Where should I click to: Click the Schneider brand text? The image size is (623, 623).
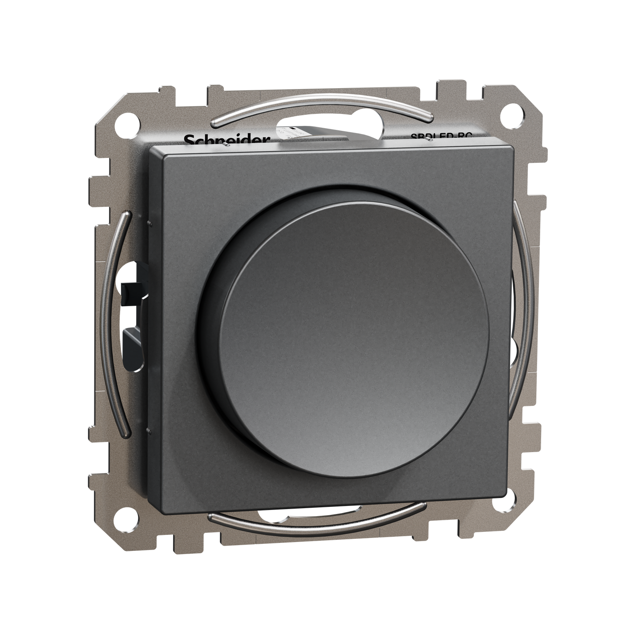click(x=227, y=140)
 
